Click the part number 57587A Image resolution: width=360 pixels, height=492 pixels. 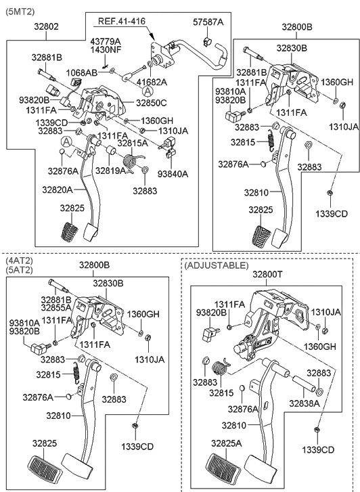pos(208,22)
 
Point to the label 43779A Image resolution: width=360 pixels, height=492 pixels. pos(105,41)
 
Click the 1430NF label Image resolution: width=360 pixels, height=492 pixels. pos(105,50)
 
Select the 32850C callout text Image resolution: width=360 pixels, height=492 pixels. pos(150,103)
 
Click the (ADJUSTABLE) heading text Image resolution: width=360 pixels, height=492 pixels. pos(216,265)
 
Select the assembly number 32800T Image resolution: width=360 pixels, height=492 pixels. pos(269,275)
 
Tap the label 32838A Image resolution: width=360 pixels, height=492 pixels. pos(305,403)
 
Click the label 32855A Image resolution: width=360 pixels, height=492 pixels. pos(55,307)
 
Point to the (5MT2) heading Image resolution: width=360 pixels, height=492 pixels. pos(20,12)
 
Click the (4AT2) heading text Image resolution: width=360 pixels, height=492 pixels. pos(20,260)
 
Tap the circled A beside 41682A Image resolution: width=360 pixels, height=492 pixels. pos(148,90)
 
